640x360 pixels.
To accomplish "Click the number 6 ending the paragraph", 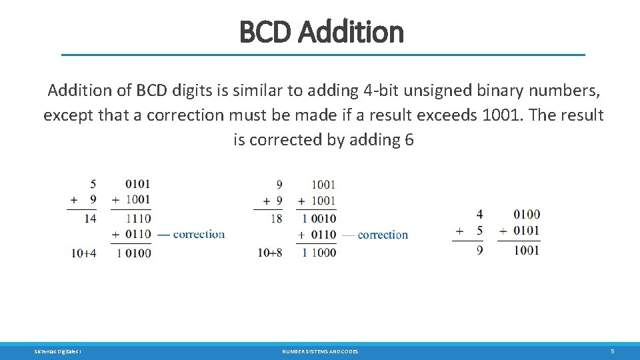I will [409, 140].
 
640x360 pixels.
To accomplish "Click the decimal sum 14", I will [89, 218].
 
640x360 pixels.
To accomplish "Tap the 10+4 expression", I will [84, 253].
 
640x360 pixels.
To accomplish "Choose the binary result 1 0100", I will [133, 253].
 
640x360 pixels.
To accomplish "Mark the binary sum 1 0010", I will [319, 218].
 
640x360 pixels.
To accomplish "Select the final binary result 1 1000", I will [319, 253].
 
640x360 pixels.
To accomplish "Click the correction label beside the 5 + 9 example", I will [198, 234].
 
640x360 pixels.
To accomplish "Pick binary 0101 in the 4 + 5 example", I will [527, 231].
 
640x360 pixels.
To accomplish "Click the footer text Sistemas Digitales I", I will [58, 351].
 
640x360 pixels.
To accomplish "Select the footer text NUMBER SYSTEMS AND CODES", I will [320, 351].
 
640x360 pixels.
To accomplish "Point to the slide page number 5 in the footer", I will [612, 351].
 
